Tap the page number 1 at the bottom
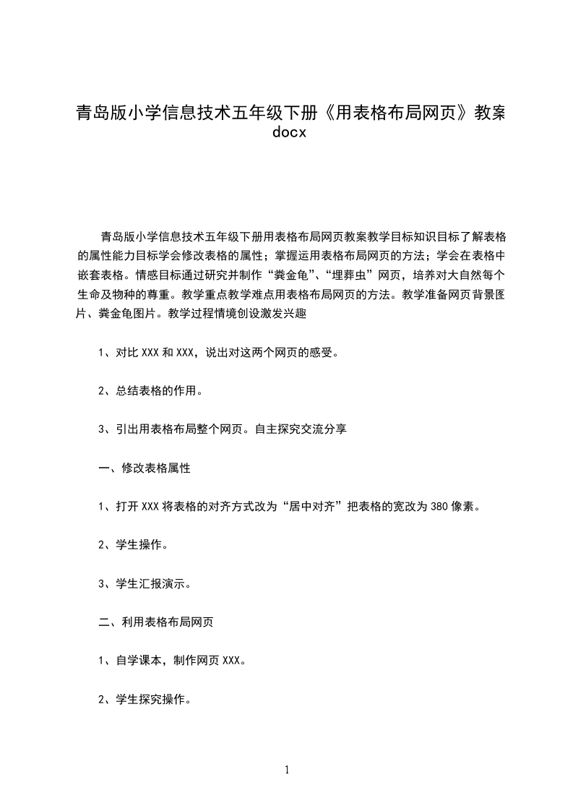[x=287, y=770]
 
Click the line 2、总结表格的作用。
[x=150, y=391]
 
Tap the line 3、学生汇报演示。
[x=144, y=583]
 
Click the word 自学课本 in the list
[x=139, y=661]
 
